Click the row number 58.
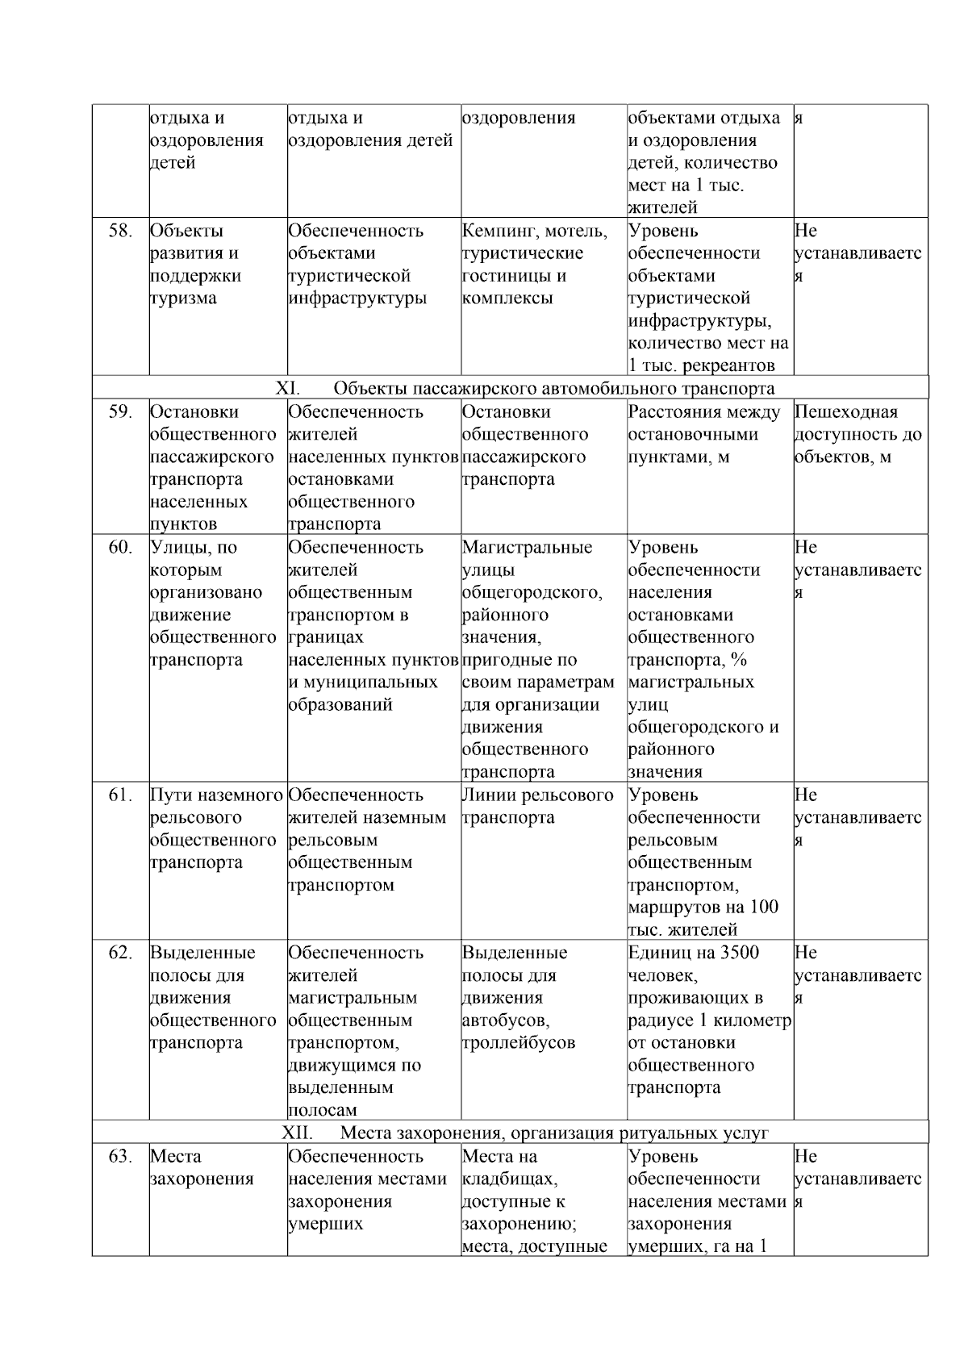tap(120, 231)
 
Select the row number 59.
tap(120, 411)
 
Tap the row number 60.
tap(120, 547)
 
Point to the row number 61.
tap(120, 795)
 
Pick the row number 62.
tap(120, 953)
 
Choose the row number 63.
tap(120, 1156)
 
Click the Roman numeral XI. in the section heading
tap(288, 388)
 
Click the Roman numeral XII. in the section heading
tap(296, 1133)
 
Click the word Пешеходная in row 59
tap(845, 411)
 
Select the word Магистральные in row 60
tap(527, 547)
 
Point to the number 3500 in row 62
tap(739, 953)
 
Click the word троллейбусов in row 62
tap(519, 1042)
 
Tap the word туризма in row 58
tap(183, 298)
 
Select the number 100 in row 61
tap(763, 907)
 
